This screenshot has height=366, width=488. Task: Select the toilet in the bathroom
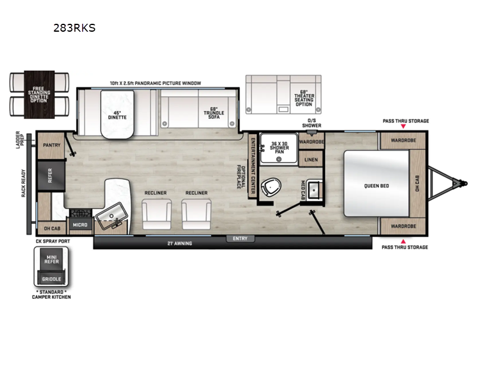pos(268,187)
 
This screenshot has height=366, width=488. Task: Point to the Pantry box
pos(51,145)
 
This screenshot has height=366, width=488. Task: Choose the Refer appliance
pos(51,176)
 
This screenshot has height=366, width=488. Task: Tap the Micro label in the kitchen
pos(80,225)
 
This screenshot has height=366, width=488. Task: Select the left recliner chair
pos(156,213)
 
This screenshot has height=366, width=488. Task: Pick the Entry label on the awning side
pos(240,239)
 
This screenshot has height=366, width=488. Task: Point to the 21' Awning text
pos(180,243)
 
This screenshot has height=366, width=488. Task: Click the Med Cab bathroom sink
pos(315,190)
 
